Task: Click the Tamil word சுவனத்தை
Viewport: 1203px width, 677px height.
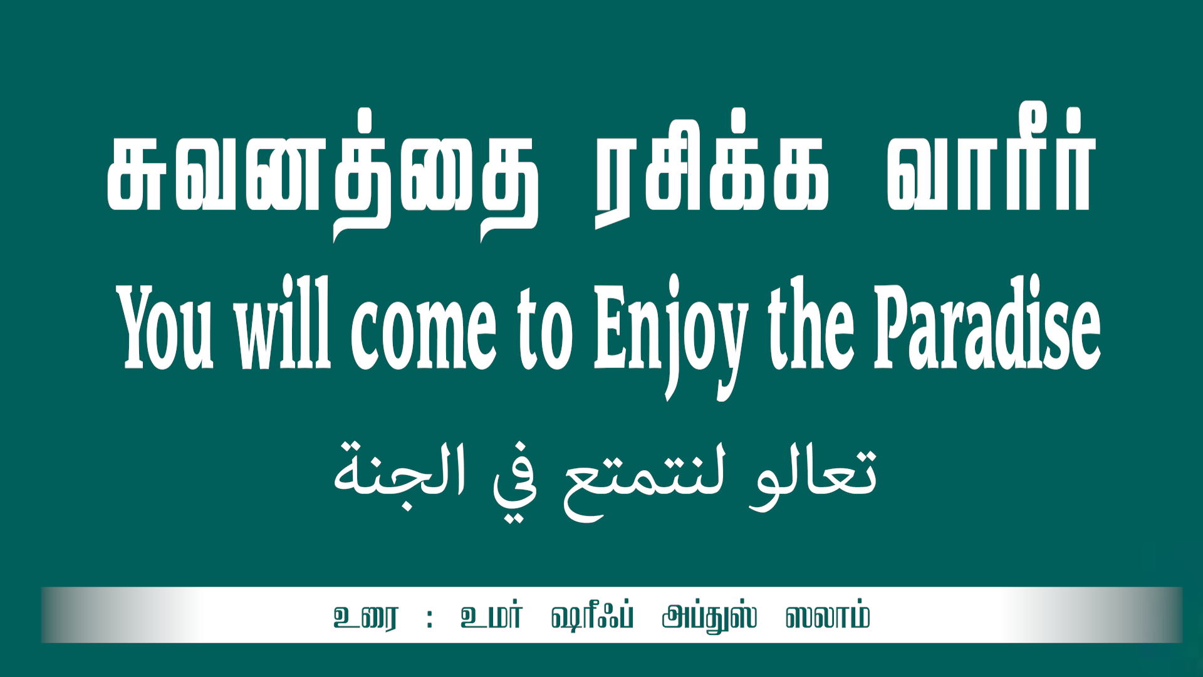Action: pos(323,176)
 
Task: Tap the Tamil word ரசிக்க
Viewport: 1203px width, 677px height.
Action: pos(711,168)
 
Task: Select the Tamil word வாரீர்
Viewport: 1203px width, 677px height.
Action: pos(991,159)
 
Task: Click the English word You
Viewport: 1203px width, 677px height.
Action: pos(165,326)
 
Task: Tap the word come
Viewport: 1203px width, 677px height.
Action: pos(424,333)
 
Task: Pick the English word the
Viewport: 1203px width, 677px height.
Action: pos(811,323)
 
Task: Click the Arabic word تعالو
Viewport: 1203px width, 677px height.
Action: pos(813,475)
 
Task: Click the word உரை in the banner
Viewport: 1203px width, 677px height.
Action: pos(366,617)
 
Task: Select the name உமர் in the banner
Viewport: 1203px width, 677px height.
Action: pos(491,616)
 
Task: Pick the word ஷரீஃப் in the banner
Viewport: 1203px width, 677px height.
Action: pos(592,617)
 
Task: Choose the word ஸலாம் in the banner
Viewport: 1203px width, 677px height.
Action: pos(827,616)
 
